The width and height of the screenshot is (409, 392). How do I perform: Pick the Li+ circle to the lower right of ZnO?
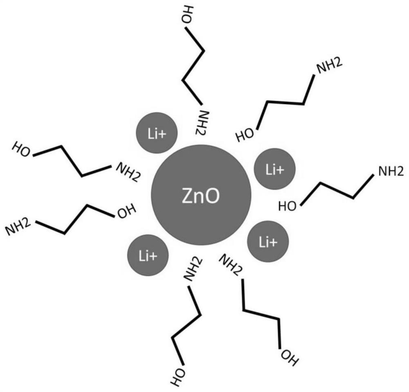269,242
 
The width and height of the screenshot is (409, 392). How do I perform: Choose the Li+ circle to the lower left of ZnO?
148,256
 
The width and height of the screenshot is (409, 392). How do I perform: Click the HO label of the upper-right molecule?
246,134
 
